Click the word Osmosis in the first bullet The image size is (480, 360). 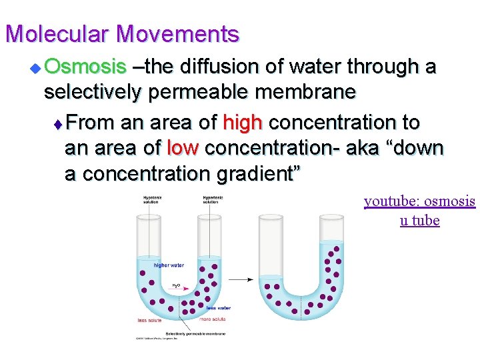pyautogui.click(x=85, y=67)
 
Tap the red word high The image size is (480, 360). pyautogui.click(x=243, y=123)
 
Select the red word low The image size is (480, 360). pyautogui.click(x=183, y=148)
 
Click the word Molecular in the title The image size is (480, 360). pyautogui.click(x=55, y=33)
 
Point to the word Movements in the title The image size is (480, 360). pyautogui.click(x=177, y=33)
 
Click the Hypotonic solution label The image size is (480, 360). pyautogui.click(x=151, y=199)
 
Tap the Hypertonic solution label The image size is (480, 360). pyautogui.click(x=213, y=199)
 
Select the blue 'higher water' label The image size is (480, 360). pyautogui.click(x=169, y=265)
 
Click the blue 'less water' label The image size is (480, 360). pyautogui.click(x=218, y=308)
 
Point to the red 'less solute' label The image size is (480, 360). pyautogui.click(x=149, y=321)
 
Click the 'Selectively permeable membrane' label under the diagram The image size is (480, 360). pyautogui.click(x=195, y=333)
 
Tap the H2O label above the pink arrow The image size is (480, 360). pyautogui.click(x=176, y=285)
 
